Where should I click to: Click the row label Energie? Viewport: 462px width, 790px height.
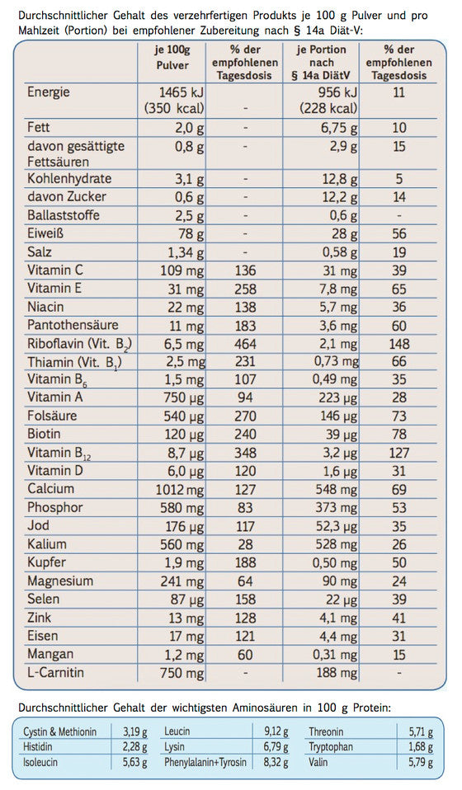[x=49, y=92]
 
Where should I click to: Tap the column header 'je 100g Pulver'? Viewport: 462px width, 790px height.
[x=172, y=57]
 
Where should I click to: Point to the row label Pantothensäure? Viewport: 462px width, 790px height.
[x=73, y=325]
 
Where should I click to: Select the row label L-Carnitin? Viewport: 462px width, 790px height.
[x=56, y=673]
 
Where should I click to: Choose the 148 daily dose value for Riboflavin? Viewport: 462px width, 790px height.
[x=399, y=343]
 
